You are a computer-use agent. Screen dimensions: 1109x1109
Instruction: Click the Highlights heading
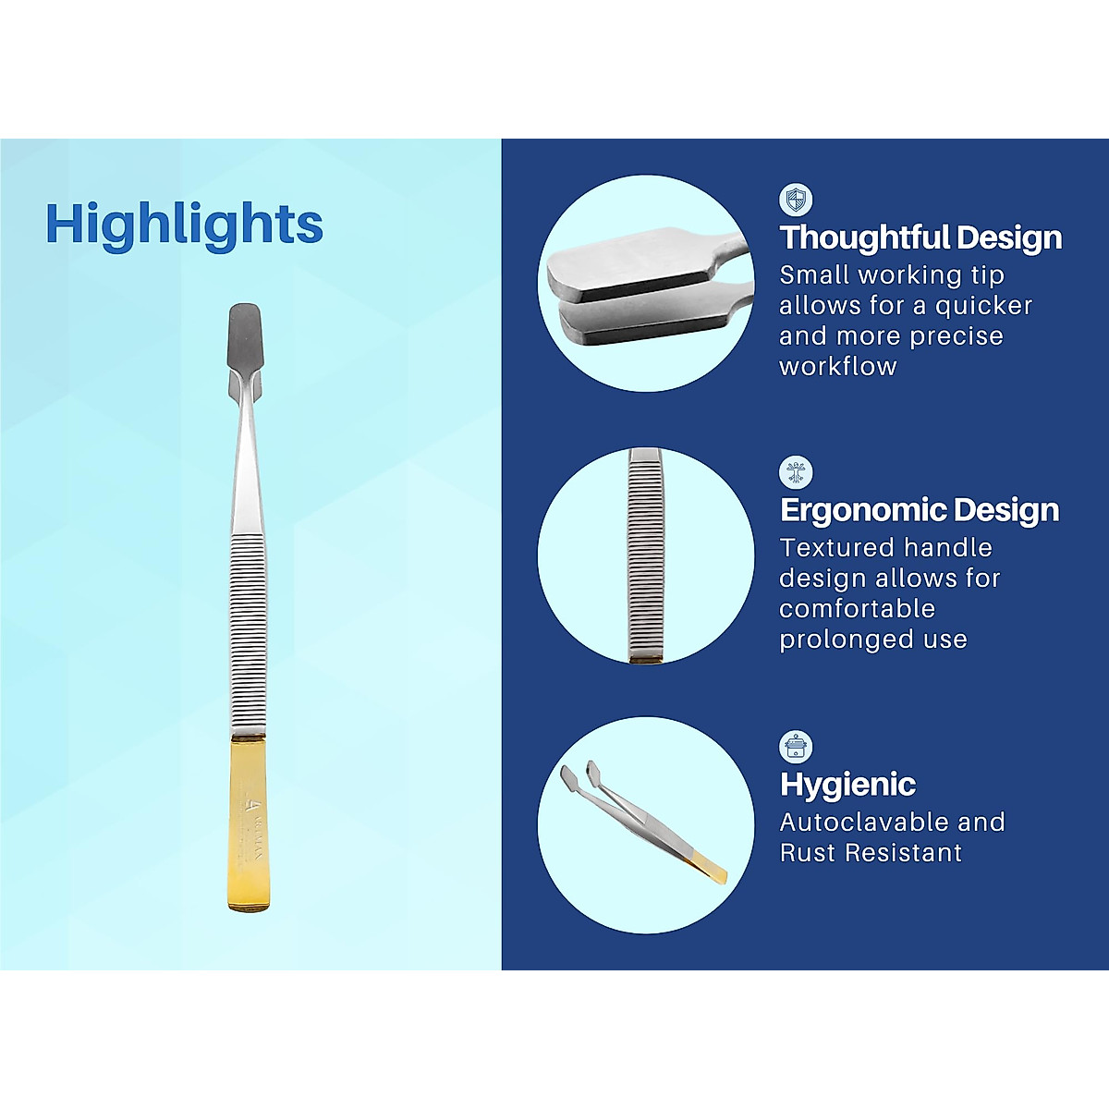pos(185,224)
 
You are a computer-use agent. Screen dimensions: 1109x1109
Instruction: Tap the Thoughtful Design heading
pos(920,238)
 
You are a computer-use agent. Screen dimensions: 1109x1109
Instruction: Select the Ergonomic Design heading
pos(919,510)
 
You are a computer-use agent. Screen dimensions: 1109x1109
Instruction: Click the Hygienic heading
pos(847,785)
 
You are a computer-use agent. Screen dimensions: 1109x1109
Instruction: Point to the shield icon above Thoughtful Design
pos(795,200)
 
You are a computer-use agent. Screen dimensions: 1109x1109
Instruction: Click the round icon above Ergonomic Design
pos(795,472)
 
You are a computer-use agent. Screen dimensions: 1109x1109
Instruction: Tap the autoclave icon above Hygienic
pos(795,746)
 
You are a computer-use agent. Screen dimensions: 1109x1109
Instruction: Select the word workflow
pos(837,366)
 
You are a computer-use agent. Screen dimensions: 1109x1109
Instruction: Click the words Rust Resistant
pos(871,852)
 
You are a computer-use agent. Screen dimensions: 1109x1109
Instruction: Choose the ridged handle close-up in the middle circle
pos(646,554)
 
